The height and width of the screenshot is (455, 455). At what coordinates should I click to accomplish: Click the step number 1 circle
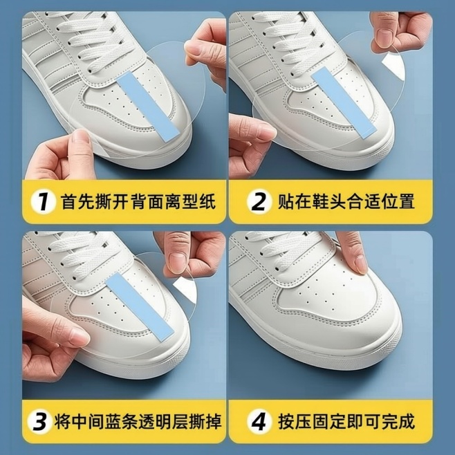tap(43, 201)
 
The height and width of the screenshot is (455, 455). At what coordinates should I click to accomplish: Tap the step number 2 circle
tap(259, 201)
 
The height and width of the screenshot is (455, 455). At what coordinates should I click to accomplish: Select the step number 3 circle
tap(40, 421)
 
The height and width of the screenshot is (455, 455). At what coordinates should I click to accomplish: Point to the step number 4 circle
tap(259, 421)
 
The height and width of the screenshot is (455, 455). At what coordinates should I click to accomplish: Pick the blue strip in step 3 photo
tap(139, 306)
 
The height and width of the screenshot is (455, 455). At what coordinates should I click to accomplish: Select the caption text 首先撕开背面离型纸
tap(138, 201)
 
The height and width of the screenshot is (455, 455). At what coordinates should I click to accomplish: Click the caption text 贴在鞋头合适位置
tap(346, 201)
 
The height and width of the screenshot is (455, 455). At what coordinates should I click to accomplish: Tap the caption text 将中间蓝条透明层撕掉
tap(138, 421)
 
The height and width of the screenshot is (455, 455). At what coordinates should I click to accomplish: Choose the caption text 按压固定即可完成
tap(346, 421)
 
